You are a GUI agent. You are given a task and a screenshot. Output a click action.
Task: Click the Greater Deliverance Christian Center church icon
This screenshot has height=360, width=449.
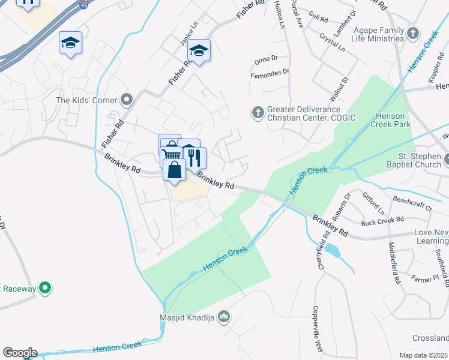coord(258,112)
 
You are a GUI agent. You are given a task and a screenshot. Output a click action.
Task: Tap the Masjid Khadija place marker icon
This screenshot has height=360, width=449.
coord(224,316)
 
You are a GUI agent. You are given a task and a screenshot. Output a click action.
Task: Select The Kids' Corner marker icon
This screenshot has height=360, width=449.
coord(126,100)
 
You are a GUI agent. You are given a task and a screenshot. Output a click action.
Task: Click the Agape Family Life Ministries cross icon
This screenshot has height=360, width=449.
coord(413,34)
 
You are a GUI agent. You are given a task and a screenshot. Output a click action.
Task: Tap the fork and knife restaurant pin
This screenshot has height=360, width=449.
coord(195,158)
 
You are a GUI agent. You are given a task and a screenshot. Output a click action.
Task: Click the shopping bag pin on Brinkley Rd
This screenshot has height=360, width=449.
coord(173,170)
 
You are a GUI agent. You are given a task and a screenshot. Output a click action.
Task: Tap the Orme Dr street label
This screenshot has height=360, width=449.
coord(266,58)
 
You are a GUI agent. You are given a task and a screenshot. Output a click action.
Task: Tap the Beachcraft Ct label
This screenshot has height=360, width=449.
coord(412,203)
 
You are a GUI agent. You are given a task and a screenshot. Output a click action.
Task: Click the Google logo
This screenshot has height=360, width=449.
coord(20,353)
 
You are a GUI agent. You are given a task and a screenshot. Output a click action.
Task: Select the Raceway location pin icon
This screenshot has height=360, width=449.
coord(44,289)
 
